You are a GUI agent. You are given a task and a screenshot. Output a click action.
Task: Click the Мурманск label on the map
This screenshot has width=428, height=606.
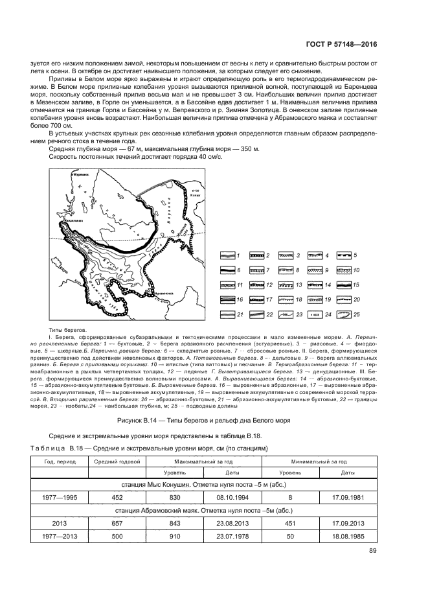click(x=82, y=174)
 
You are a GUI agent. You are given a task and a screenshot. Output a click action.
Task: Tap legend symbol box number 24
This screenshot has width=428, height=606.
click(x=311, y=314)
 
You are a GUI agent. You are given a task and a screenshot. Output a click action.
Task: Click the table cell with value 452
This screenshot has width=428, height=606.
click(x=117, y=497)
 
